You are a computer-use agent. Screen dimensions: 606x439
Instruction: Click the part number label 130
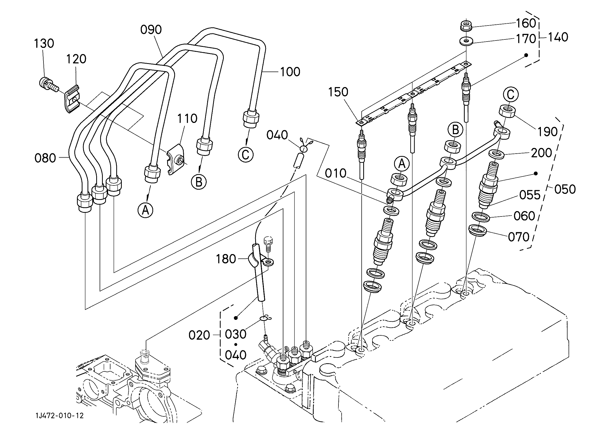click(x=44, y=43)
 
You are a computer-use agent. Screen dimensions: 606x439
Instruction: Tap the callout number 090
click(x=151, y=30)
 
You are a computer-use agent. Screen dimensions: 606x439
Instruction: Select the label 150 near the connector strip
click(x=338, y=92)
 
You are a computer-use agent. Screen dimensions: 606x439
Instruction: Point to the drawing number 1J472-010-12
click(x=60, y=416)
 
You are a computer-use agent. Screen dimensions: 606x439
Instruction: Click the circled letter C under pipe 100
click(x=246, y=154)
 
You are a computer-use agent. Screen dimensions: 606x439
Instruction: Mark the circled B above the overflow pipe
click(x=455, y=130)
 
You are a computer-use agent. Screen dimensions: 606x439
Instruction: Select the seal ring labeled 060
click(x=481, y=217)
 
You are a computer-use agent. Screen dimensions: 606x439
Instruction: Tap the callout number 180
click(x=226, y=259)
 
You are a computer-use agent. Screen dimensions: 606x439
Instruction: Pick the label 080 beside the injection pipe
click(x=45, y=158)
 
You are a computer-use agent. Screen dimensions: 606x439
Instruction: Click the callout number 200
click(x=541, y=153)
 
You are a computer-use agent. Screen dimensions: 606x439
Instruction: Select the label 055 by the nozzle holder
click(x=530, y=195)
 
